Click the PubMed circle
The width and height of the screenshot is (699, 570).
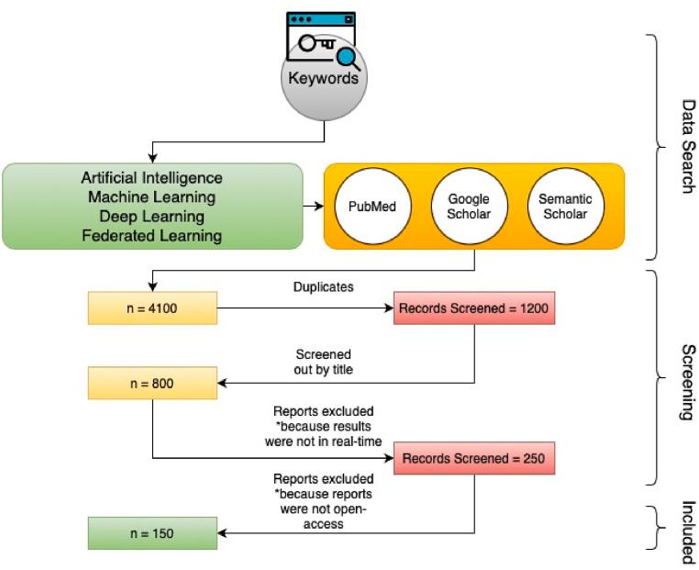point(372,206)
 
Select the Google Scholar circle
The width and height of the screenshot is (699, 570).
point(469,206)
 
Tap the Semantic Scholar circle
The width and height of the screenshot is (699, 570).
point(565,206)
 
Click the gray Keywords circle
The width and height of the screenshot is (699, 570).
point(324,77)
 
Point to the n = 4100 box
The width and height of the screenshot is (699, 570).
point(152,308)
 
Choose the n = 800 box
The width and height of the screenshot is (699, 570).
point(152,383)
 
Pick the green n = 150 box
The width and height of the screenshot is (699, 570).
point(152,533)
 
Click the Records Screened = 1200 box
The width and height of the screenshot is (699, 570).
point(474,308)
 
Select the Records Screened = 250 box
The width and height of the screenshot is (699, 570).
point(474,458)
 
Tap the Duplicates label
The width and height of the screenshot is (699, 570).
point(323,286)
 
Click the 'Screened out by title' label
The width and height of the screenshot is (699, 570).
point(323,362)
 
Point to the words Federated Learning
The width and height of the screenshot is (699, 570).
point(152,236)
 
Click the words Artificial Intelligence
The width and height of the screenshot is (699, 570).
point(152,178)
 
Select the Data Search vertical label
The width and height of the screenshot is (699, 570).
point(689,146)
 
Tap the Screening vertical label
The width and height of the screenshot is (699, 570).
point(689,382)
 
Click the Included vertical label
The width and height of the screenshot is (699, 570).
point(689,532)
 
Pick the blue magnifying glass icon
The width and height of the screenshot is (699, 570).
point(349,59)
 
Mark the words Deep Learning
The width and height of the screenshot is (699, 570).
point(152,217)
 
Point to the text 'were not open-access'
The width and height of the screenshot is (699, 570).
point(323,517)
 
